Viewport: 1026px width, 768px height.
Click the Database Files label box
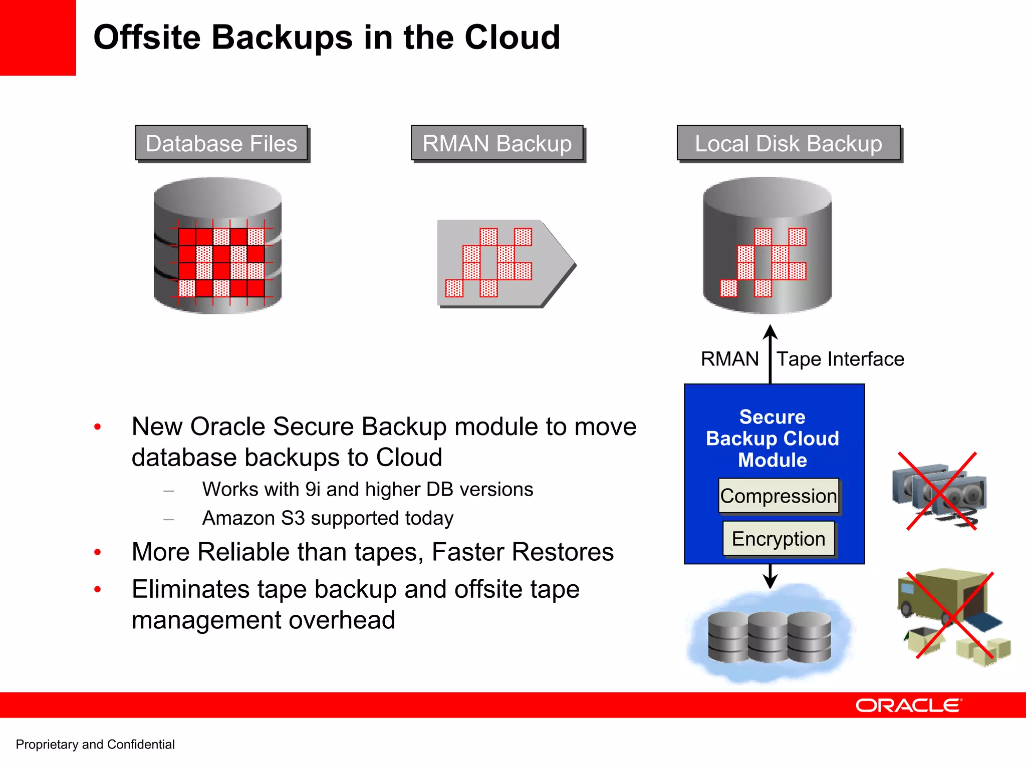tap(221, 143)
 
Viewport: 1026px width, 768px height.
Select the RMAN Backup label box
tap(497, 143)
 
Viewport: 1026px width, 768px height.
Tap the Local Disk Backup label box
tap(789, 143)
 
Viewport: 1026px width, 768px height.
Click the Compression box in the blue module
tap(779, 496)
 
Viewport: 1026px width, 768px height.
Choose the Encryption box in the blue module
tap(779, 539)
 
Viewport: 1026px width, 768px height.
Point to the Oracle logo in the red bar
tap(908, 705)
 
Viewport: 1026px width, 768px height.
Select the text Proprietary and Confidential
tap(95, 744)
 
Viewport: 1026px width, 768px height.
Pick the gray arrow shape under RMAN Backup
tap(506, 263)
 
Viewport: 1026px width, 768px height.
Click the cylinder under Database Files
tap(217, 245)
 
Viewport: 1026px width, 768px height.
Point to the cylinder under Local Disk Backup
tap(767, 245)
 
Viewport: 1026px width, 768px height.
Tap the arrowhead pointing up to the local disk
tap(771, 332)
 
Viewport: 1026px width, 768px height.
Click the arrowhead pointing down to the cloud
tap(771, 581)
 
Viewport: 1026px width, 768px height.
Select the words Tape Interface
tap(840, 359)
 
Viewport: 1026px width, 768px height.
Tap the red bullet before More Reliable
tap(98, 552)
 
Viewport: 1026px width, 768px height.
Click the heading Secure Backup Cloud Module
tap(773, 439)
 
